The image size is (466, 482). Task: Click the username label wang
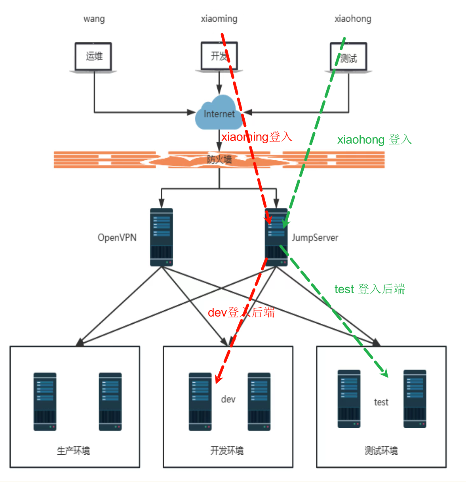(x=94, y=19)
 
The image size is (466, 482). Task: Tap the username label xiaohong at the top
(x=353, y=19)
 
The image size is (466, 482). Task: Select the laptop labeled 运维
(x=94, y=57)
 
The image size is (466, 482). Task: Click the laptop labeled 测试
(x=348, y=58)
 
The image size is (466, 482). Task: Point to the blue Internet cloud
(x=219, y=114)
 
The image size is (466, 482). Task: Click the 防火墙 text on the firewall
(x=219, y=159)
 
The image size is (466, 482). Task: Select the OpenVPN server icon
(x=162, y=237)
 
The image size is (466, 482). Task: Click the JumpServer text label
(x=315, y=238)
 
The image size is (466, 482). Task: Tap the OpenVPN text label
(x=117, y=237)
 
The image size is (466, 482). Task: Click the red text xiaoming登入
(x=257, y=137)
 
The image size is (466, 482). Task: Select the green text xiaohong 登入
(x=374, y=140)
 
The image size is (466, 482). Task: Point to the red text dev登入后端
(x=241, y=313)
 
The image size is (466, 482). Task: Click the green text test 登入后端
(x=369, y=289)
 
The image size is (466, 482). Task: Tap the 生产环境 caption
(x=74, y=450)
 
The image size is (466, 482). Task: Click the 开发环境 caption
(x=227, y=450)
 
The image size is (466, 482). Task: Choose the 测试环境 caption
(x=381, y=450)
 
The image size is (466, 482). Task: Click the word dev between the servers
(x=228, y=399)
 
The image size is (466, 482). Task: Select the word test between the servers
(x=381, y=402)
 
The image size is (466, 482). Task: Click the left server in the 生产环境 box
(x=45, y=401)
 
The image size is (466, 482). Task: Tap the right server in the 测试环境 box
(x=415, y=399)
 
